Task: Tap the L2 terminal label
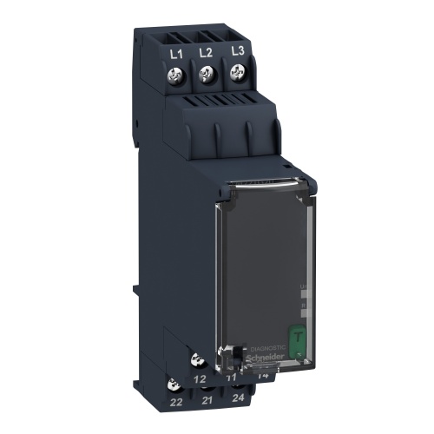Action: click(206, 54)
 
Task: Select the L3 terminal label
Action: click(236, 53)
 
